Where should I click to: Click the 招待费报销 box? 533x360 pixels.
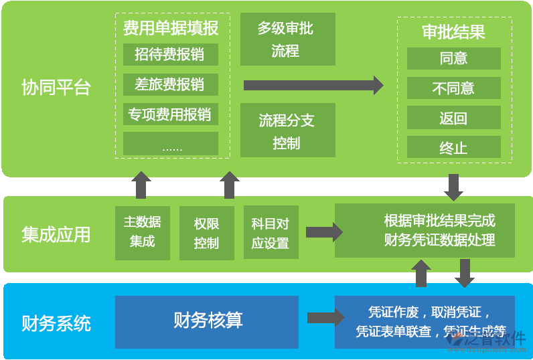170,54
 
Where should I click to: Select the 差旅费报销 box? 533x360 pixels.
170,84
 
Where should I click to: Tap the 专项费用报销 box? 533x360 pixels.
170,114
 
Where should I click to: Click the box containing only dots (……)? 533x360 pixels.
170,144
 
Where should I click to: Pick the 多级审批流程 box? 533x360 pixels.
287,39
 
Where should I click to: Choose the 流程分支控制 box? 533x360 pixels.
287,131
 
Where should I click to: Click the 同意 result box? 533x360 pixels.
453,58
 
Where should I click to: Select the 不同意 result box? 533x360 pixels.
453,88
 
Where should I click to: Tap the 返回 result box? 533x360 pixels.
453,118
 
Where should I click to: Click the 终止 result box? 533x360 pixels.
453,148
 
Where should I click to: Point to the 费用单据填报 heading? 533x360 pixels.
171,29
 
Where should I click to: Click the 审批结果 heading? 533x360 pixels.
453,32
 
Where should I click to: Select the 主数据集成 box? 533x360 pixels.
142,232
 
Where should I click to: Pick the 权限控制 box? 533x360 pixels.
206,233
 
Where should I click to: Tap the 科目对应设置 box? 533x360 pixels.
271,233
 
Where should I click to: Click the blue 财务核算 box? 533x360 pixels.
207,321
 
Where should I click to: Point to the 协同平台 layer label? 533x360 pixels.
56,88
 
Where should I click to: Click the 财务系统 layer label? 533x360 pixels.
56,325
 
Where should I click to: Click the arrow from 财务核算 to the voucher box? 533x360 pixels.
325,318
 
